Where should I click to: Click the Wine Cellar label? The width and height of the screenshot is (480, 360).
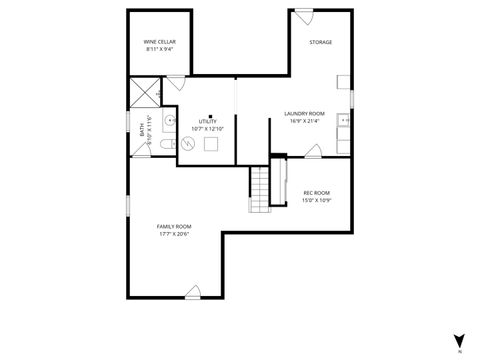pyautogui.click(x=160, y=42)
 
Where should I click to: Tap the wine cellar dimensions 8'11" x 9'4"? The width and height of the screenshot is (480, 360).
pyautogui.click(x=160, y=49)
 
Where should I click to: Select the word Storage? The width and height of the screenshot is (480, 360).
pyautogui.click(x=320, y=42)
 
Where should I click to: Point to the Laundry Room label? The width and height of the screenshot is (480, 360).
pyautogui.click(x=304, y=113)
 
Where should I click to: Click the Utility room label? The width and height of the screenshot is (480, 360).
pyautogui.click(x=207, y=121)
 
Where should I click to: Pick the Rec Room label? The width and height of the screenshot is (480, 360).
pyautogui.click(x=316, y=192)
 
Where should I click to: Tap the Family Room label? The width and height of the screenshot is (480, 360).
pyautogui.click(x=174, y=227)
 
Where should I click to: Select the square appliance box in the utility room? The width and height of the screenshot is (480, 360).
pyautogui.click(x=211, y=143)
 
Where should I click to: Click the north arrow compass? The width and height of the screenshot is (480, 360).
pyautogui.click(x=459, y=340)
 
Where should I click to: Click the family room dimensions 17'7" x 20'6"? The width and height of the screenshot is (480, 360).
pyautogui.click(x=174, y=234)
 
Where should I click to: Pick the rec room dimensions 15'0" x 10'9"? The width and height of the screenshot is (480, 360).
pyautogui.click(x=316, y=200)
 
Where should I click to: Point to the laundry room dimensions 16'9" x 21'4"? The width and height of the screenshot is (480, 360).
pyautogui.click(x=304, y=121)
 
